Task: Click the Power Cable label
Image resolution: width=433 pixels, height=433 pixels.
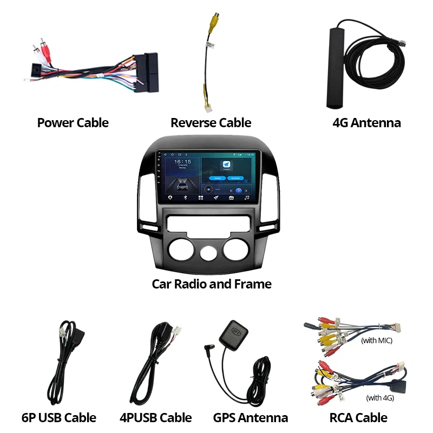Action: point(73,123)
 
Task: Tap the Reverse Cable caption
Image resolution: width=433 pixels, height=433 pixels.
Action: point(211,123)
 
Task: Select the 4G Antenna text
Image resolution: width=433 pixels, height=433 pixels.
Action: point(366,123)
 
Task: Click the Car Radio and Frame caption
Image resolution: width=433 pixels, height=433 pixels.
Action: point(211,284)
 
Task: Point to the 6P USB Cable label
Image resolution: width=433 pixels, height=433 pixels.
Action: point(58,417)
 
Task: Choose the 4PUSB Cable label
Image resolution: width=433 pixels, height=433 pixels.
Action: point(155,417)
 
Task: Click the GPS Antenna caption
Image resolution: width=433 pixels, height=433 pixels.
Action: point(250,417)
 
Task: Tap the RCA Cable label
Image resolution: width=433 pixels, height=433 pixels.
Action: point(358,417)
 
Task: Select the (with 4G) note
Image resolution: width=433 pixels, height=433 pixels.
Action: point(380,398)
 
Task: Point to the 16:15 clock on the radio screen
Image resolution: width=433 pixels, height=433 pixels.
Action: point(182,162)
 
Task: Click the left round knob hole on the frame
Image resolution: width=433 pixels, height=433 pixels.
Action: point(178,252)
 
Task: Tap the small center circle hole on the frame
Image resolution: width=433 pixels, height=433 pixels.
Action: point(206,254)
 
